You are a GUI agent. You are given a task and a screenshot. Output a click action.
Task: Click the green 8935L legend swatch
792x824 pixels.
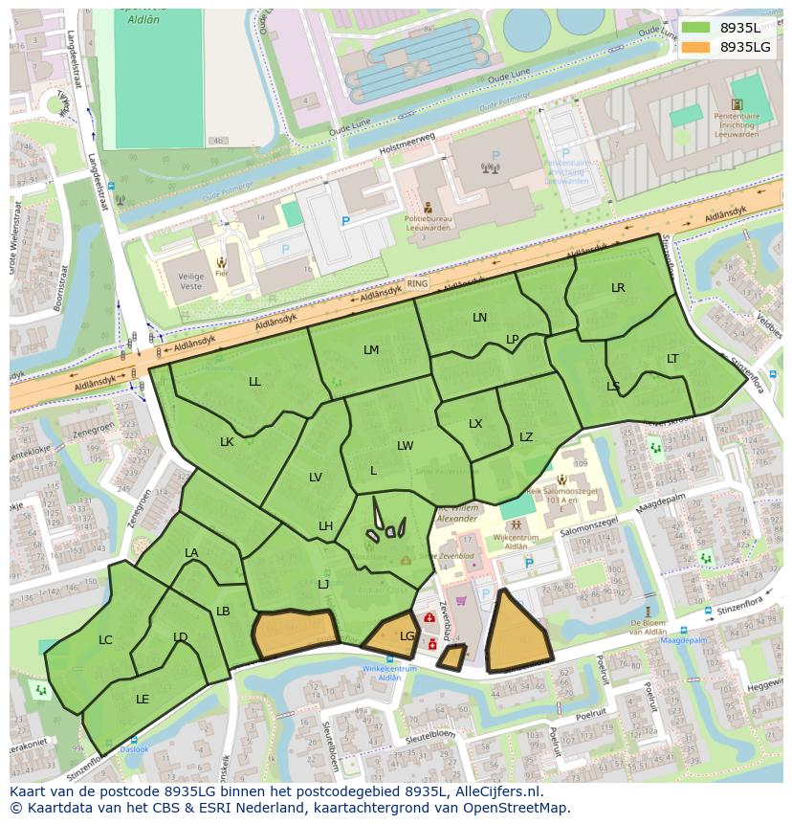pyautogui.click(x=695, y=28)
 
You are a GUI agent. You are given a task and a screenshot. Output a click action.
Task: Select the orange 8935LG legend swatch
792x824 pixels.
pyautogui.click(x=695, y=47)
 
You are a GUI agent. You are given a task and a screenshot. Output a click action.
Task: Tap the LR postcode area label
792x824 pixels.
pyautogui.click(x=618, y=288)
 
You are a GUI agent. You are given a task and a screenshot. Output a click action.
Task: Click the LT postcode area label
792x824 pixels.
pyautogui.click(x=672, y=359)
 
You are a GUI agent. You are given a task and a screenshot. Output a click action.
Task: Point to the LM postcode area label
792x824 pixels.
pyautogui.click(x=371, y=350)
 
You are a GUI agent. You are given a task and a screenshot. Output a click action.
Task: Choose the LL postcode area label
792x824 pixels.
pyautogui.click(x=254, y=382)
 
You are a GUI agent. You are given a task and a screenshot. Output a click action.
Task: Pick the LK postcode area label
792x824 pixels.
pyautogui.click(x=227, y=442)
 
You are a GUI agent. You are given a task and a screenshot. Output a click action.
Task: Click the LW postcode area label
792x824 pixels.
pyautogui.click(x=406, y=446)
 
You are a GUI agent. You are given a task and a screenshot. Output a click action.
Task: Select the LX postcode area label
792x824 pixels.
pyautogui.click(x=475, y=424)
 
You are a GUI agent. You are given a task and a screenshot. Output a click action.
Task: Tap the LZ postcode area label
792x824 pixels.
pyautogui.click(x=526, y=437)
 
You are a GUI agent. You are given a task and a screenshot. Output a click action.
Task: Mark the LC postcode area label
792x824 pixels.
pyautogui.click(x=105, y=640)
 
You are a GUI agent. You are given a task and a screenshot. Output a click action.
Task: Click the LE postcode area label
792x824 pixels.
pyautogui.click(x=143, y=700)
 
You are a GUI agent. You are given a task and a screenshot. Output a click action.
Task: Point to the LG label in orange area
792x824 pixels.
pyautogui.click(x=407, y=635)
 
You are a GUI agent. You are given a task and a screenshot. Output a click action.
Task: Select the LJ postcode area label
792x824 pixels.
pyautogui.click(x=323, y=585)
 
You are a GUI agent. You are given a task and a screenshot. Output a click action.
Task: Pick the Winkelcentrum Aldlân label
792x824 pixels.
pyautogui.click(x=389, y=673)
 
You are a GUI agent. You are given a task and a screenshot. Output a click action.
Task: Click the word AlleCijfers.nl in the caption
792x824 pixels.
pyautogui.click(x=498, y=791)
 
